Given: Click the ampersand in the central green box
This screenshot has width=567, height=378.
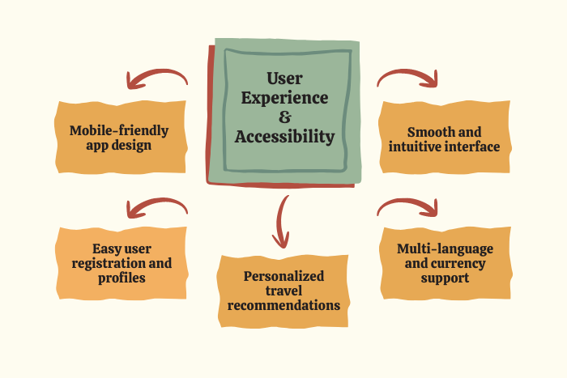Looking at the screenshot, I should [284, 117].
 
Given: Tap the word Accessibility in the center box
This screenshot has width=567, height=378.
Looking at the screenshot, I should [284, 137].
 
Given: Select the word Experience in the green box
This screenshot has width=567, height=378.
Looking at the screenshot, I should [284, 98].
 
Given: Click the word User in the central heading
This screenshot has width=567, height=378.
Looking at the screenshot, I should [284, 79].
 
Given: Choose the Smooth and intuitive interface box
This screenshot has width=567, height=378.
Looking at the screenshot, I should [444, 138].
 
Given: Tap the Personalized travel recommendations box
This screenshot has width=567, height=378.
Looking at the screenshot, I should [283, 291].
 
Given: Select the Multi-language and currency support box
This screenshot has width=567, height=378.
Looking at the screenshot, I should [444, 263].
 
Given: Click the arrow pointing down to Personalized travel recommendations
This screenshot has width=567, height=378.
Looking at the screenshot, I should [282, 220].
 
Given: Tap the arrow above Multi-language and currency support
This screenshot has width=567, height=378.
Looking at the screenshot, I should [408, 207].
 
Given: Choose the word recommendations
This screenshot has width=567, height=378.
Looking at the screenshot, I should [283, 305].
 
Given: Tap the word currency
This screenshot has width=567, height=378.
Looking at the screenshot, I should [458, 263].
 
